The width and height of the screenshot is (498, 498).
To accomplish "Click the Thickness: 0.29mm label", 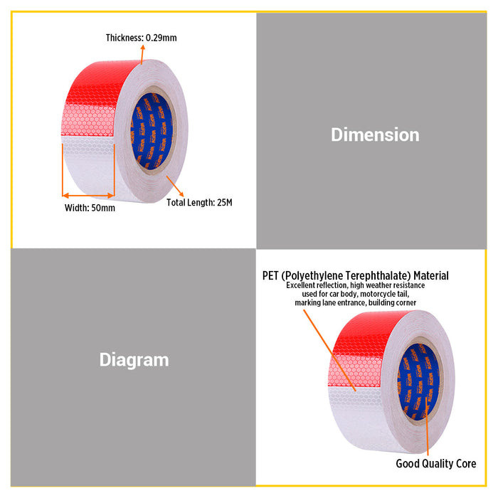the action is (x=141, y=38).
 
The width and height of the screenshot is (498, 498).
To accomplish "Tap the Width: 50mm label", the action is (x=90, y=208).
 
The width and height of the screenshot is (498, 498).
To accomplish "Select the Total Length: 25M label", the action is (x=199, y=202).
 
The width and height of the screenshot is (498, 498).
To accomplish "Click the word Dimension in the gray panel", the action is (x=375, y=134).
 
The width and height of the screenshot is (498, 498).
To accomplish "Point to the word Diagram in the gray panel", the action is (x=134, y=361).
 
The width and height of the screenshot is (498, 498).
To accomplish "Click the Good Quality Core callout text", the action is (x=436, y=464).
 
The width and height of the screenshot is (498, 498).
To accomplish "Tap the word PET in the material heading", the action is (x=270, y=275).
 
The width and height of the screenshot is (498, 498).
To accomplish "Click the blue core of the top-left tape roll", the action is (x=152, y=131).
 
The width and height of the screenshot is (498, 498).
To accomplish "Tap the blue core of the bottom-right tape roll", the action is (x=418, y=381).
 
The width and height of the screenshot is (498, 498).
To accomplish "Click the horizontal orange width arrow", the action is (x=88, y=196).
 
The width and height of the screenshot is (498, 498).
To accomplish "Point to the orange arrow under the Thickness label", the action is (x=142, y=54).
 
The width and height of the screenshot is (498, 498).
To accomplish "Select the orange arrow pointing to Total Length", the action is (x=175, y=186).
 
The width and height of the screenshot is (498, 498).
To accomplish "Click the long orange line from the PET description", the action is (x=329, y=350).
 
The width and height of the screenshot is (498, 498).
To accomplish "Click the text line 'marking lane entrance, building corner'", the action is (x=356, y=302).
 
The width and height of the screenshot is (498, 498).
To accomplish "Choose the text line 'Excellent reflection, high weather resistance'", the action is (x=356, y=285).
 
